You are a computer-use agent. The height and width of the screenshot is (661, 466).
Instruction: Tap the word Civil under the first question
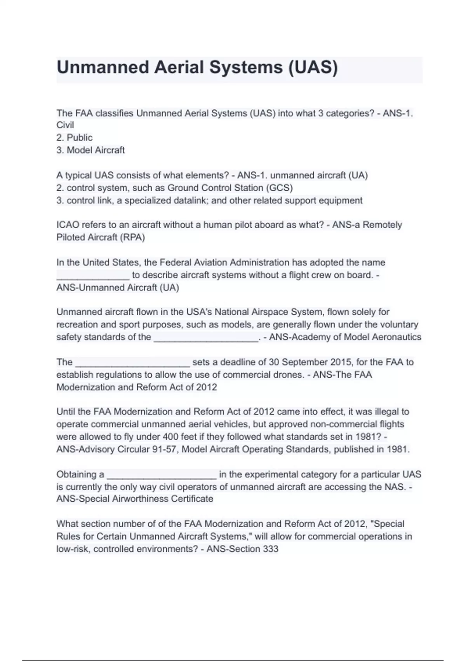[65, 125]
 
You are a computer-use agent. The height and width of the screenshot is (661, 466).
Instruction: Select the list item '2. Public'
[75, 138]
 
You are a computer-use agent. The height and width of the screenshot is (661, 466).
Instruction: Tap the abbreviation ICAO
[68, 225]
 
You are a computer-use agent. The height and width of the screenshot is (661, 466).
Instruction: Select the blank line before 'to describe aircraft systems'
[93, 276]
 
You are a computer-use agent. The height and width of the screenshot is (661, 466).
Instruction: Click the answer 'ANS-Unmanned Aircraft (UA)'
[118, 288]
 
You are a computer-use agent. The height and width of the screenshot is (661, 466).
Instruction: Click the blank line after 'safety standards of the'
[206, 338]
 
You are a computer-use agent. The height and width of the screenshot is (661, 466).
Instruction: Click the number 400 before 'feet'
[170, 437]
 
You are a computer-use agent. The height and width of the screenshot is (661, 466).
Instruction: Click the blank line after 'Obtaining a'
[162, 476]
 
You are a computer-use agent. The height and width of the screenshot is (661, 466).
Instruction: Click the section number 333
[271, 549]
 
